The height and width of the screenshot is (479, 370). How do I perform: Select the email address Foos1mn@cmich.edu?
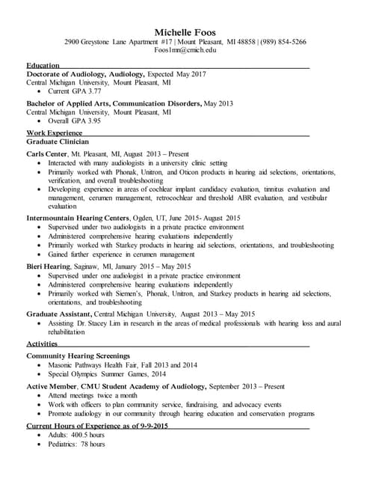point(185,50)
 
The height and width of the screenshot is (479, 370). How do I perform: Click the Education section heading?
point(43,66)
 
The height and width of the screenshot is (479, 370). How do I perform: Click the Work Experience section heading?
point(55,132)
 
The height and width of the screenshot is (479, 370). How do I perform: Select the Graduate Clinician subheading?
point(58,141)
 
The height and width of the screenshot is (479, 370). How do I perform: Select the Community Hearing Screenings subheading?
point(78,356)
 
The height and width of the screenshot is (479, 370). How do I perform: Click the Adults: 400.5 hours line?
point(76,435)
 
